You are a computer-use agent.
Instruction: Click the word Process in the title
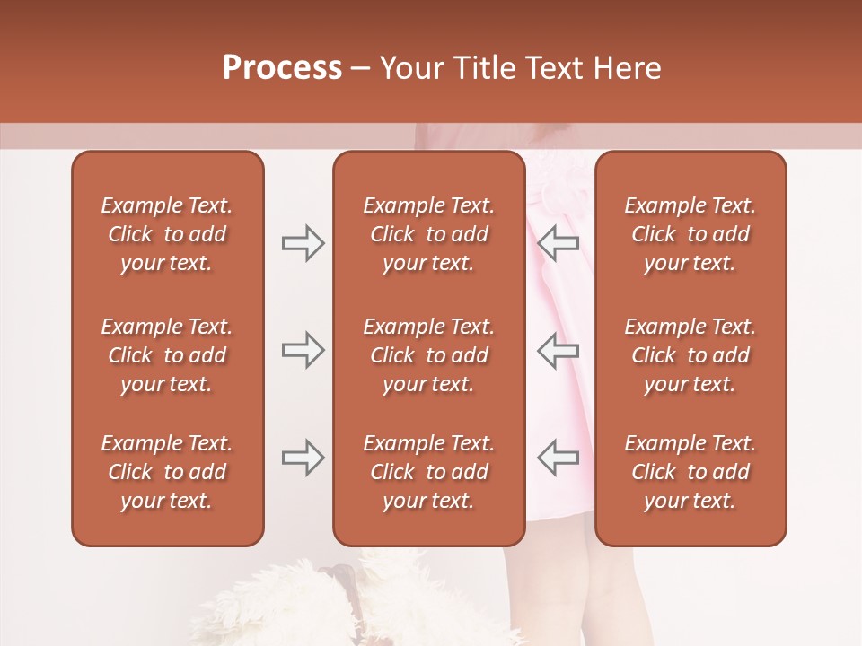point(282,68)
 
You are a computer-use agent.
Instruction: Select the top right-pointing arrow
point(303,243)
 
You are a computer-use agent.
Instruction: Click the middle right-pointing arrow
point(303,350)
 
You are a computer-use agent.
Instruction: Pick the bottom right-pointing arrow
point(303,458)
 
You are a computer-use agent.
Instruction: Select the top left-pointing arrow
point(559,243)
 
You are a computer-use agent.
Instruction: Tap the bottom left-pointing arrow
point(559,458)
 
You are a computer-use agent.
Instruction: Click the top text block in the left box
point(167,234)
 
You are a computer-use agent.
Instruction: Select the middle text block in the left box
point(167,355)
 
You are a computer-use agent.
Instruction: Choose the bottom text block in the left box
point(167,472)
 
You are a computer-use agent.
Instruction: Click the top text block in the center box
point(429,234)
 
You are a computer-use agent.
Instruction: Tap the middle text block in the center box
point(429,355)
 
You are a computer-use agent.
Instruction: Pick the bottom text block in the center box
point(429,472)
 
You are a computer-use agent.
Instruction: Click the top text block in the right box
point(690,234)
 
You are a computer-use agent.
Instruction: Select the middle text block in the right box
point(690,355)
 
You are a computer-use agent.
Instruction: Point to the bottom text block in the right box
point(690,472)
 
